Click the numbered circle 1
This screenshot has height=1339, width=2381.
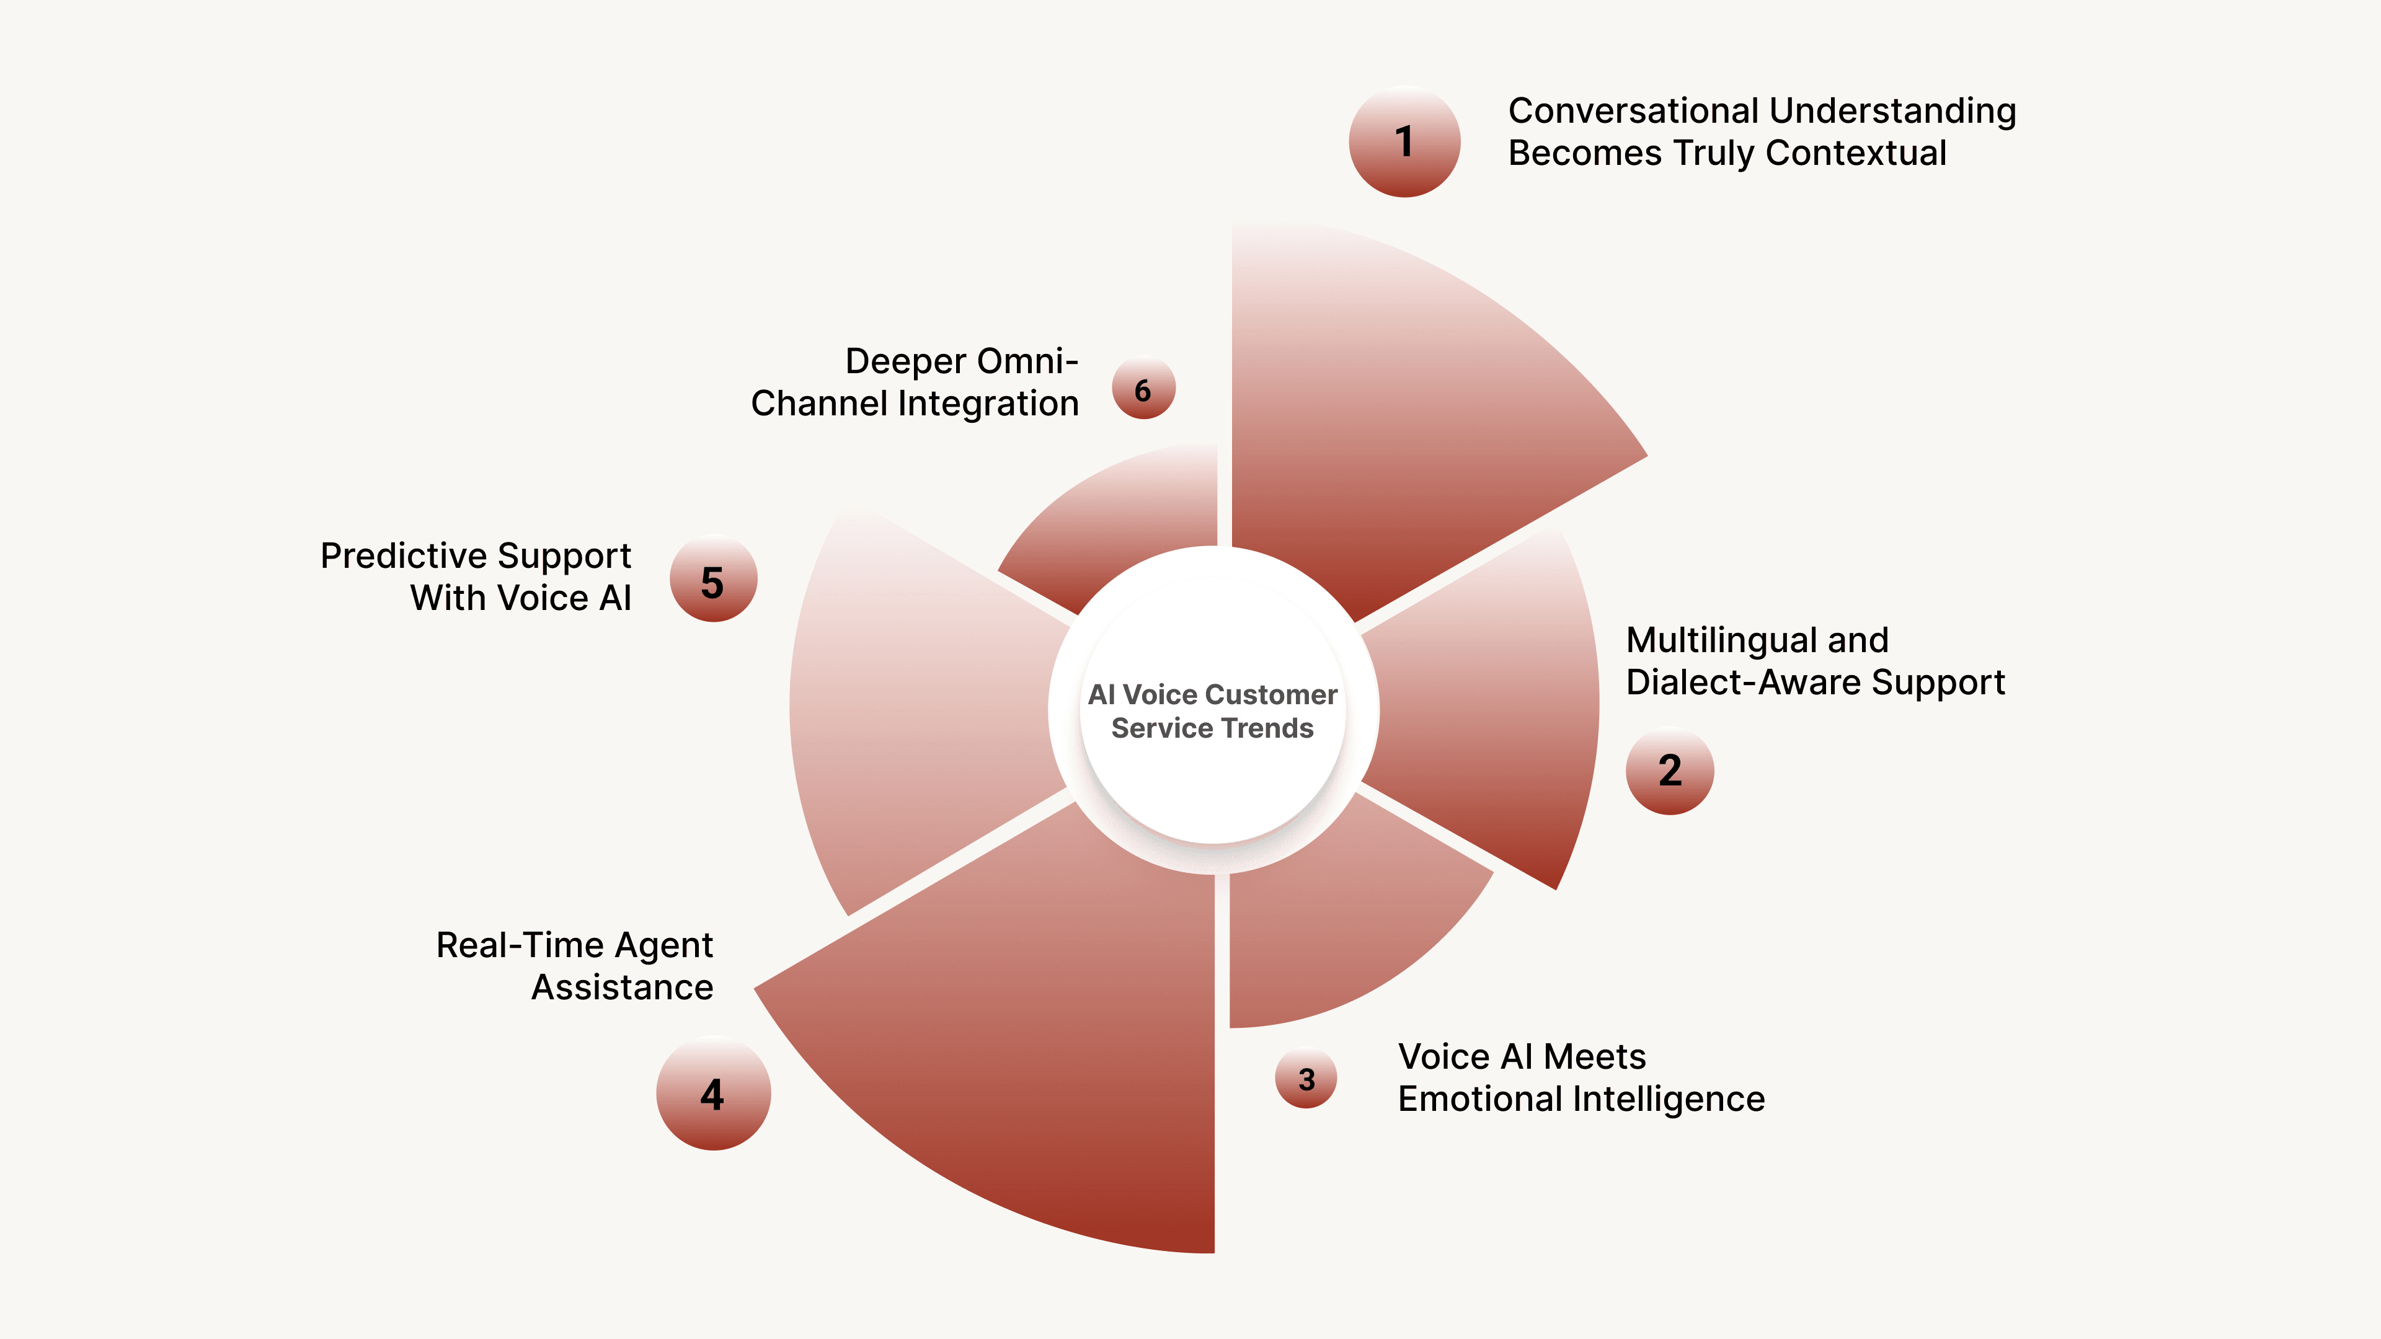[1404, 141]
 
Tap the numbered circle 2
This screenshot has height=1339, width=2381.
[1669, 771]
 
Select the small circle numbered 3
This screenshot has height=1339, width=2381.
[1306, 1079]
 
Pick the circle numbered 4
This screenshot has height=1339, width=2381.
[712, 1094]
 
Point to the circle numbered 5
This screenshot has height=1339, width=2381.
[712, 580]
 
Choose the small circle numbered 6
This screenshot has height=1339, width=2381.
[1143, 389]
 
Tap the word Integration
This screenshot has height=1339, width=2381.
[988, 404]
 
